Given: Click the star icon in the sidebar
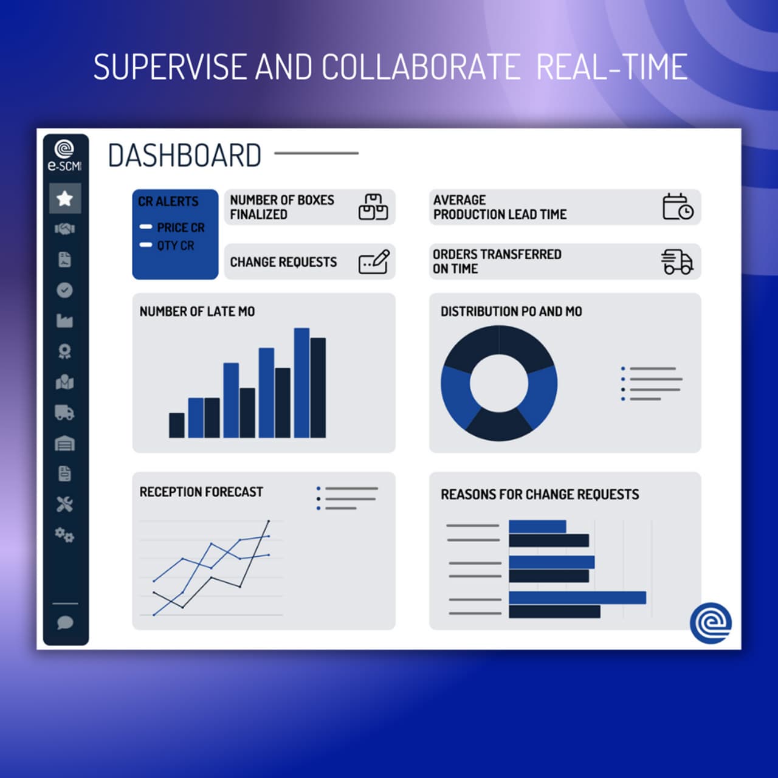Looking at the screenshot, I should (64, 198).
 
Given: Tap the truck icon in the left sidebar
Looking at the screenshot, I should (64, 413).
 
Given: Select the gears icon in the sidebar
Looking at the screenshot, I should (64, 535).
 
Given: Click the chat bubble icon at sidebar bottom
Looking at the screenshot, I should (64, 622).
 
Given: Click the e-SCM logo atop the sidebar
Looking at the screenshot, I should (64, 155).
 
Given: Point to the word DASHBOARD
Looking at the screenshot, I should (184, 156).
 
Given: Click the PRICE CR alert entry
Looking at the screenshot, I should (180, 227).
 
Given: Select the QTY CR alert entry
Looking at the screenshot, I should (175, 246).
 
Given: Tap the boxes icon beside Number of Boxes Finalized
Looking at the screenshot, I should (373, 207).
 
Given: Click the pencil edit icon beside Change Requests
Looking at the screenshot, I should (374, 262).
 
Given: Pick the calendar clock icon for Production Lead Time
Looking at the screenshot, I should (677, 207).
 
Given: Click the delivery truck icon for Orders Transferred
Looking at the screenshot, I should (677, 262).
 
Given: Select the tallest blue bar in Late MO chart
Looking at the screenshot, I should (301, 383).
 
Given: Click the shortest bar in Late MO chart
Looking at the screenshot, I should (176, 425).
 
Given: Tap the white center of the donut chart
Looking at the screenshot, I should (499, 383).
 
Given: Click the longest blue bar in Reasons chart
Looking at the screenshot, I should (577, 597).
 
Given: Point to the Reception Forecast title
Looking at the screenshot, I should (201, 492).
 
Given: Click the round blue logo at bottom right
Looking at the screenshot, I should (711, 622).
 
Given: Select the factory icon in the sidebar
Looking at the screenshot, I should (64, 321).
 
